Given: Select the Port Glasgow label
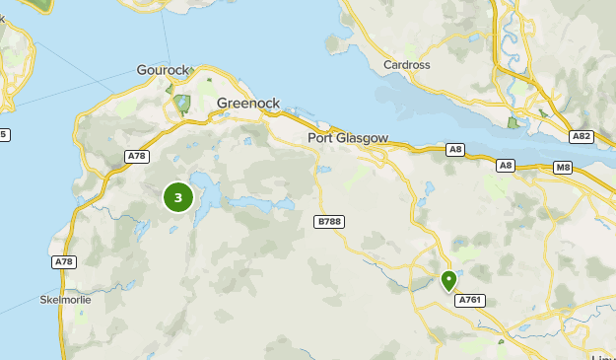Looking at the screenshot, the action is tap(348, 138).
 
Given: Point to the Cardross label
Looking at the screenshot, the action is tap(406, 67).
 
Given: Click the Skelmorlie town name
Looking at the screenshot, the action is tap(64, 299).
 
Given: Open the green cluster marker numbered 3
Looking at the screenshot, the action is tap(177, 197).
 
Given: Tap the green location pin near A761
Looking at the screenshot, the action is tap(448, 281).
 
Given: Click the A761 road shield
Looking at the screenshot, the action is tap(470, 300).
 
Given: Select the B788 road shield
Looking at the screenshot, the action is tap(329, 222).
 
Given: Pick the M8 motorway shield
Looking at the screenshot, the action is tap(563, 168).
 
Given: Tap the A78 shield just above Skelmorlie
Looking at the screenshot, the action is tap(63, 261).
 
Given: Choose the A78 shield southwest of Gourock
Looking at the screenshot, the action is tap(136, 157).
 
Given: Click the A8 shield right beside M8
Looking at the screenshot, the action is tap(506, 166).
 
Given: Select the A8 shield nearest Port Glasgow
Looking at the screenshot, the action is tap(454, 150).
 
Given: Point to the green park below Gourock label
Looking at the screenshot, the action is tap(181, 104).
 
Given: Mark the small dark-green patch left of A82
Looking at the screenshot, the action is tap(512, 122).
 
